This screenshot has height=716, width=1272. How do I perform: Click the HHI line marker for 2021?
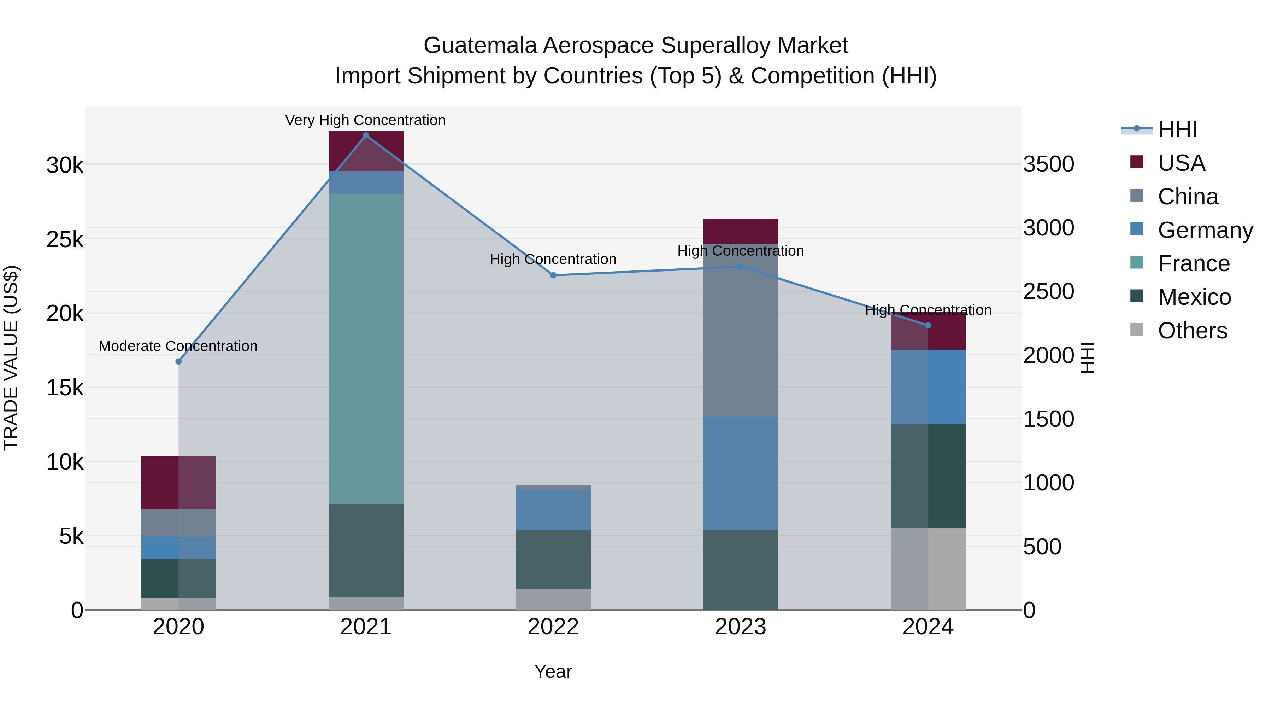[x=366, y=135]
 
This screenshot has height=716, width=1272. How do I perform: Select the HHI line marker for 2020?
[x=179, y=362]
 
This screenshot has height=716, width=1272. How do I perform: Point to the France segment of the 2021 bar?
[x=366, y=348]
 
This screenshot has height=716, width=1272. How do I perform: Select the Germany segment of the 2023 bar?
[x=740, y=473]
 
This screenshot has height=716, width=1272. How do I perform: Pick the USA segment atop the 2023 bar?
[x=740, y=231]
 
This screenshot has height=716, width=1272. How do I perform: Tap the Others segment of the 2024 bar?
[x=928, y=569]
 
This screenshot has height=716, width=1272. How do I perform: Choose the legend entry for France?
[x=1193, y=263]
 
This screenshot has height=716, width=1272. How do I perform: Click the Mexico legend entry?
[x=1194, y=297]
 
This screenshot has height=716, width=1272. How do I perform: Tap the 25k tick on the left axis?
[x=65, y=240]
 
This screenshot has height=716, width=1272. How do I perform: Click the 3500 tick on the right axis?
[x=1048, y=164]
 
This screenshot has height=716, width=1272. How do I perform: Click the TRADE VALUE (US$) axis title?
[x=11, y=358]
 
